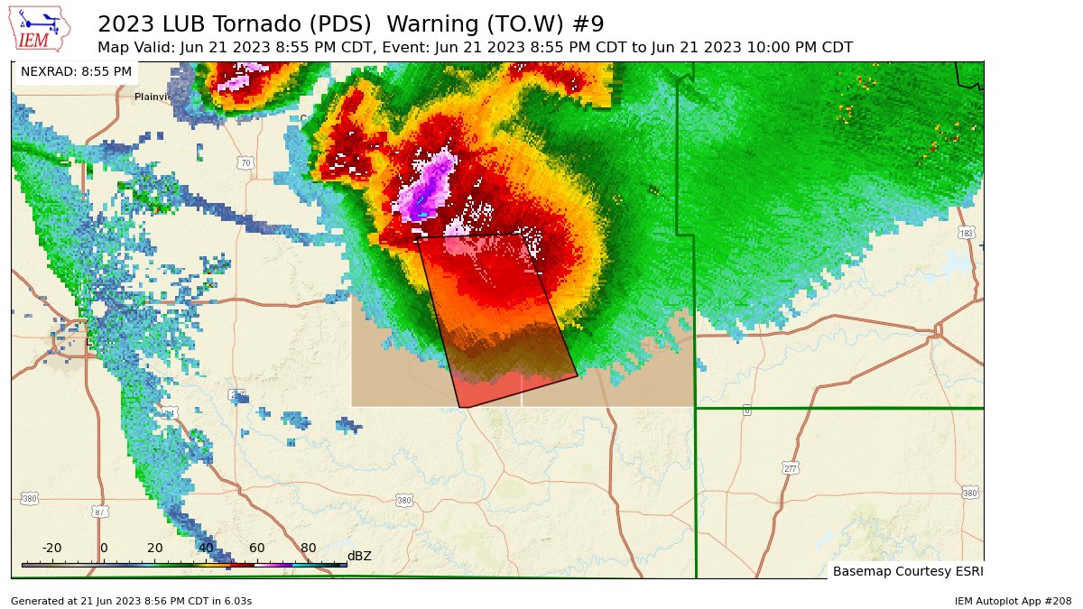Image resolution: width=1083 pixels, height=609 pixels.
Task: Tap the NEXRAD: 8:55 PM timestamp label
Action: click(76, 71)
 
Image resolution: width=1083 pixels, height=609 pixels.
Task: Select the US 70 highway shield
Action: click(245, 163)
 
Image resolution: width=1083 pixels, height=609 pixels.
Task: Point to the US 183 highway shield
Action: click(967, 234)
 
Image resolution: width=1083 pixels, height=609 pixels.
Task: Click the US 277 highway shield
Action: click(790, 468)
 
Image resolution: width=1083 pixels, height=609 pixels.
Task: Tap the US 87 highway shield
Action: click(99, 512)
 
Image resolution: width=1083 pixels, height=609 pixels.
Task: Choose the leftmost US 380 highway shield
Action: click(30, 498)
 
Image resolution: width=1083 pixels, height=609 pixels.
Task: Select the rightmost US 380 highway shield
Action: click(969, 493)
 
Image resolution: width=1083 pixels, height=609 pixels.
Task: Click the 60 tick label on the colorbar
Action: click(257, 548)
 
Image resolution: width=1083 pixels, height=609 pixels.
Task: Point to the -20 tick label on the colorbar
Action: click(52, 548)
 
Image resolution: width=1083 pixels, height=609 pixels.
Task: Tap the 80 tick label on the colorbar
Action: click(309, 548)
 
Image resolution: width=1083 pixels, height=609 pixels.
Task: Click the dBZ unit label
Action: click(359, 556)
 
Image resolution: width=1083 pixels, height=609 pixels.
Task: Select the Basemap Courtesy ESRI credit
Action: click(906, 571)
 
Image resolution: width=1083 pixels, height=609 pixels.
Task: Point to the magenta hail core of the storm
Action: click(431, 185)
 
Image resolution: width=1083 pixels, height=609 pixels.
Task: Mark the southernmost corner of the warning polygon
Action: click(462, 408)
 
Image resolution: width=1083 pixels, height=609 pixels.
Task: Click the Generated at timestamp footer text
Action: click(131, 601)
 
